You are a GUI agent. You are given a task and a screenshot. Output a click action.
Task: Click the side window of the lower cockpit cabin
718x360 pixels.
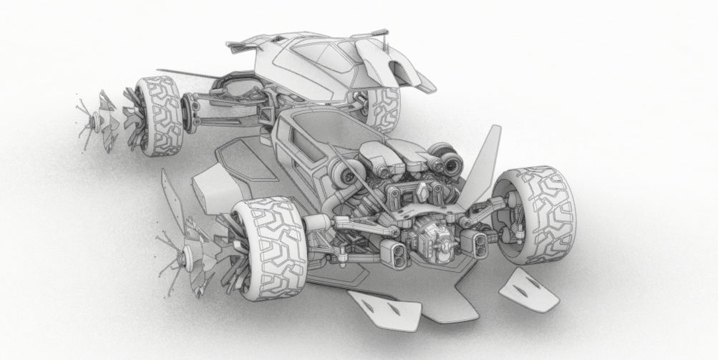coord(296,140)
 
